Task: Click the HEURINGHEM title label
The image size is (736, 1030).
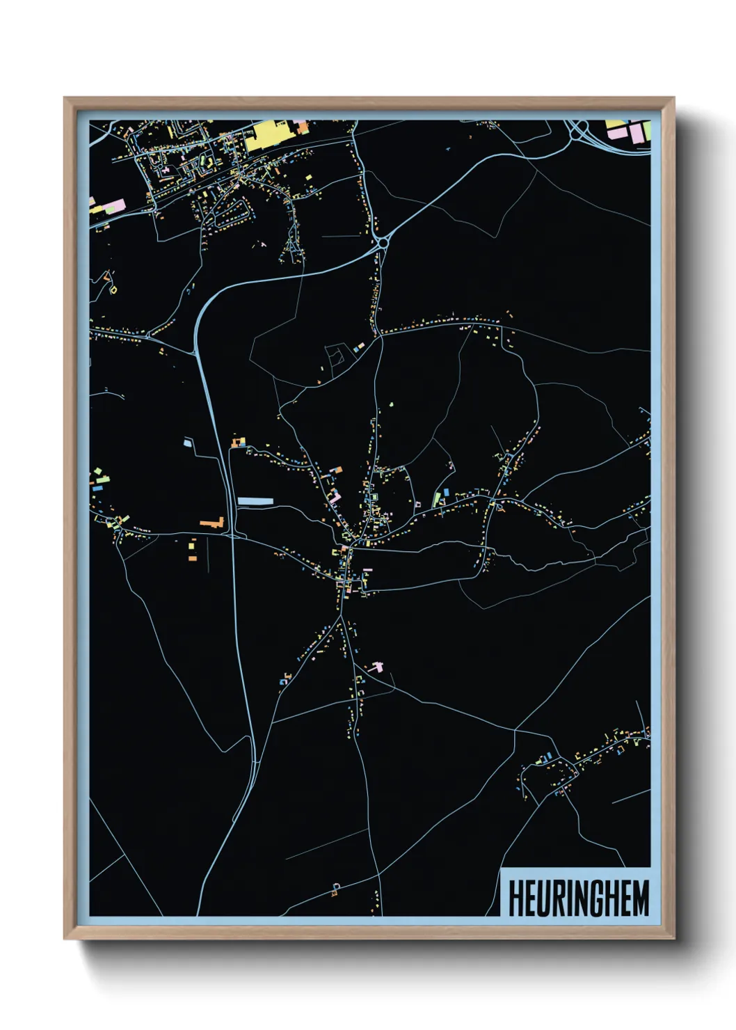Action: tap(578, 898)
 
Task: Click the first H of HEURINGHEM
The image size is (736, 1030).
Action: tap(516, 898)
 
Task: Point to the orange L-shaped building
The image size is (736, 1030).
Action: tap(211, 522)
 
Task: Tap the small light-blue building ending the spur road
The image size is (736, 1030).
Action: tap(187, 442)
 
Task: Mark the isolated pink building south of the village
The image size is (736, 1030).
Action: tap(376, 666)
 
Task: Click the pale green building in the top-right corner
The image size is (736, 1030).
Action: tap(646, 130)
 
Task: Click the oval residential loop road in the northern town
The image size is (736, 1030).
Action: tap(234, 212)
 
